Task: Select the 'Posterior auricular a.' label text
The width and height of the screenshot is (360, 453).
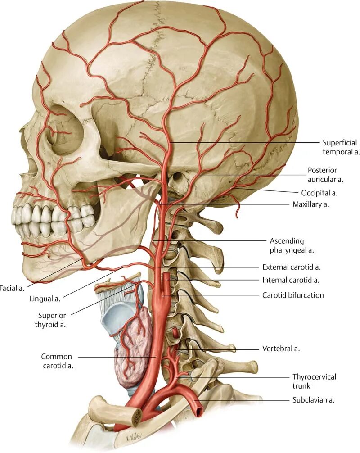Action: pos(325,175)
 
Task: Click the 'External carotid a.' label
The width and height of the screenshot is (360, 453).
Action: pos(291,267)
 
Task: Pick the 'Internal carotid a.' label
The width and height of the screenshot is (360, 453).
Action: pos(291,280)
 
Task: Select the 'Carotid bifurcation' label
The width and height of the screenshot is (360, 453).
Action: pos(293,295)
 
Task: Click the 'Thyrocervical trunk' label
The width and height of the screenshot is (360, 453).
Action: pos(314,381)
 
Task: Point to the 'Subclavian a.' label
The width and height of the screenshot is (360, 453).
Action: pos(313,400)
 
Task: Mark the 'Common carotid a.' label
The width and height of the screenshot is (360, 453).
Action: pos(57,361)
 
